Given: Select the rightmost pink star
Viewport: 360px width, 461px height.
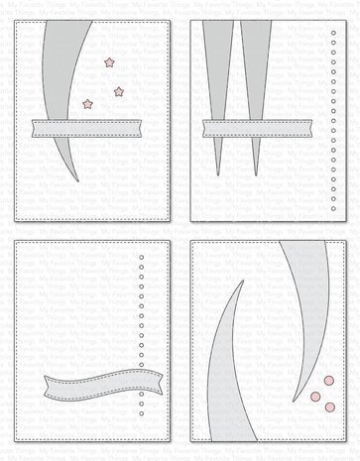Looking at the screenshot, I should click(120, 92).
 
